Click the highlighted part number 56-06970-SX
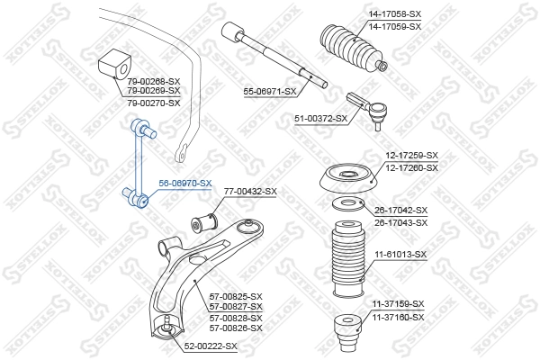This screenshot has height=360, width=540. [185, 183]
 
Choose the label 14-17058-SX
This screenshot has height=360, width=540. [394, 15]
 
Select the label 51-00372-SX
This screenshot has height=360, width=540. [320, 118]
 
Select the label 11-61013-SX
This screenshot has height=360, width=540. [400, 255]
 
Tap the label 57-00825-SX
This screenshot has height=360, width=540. [236, 296]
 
